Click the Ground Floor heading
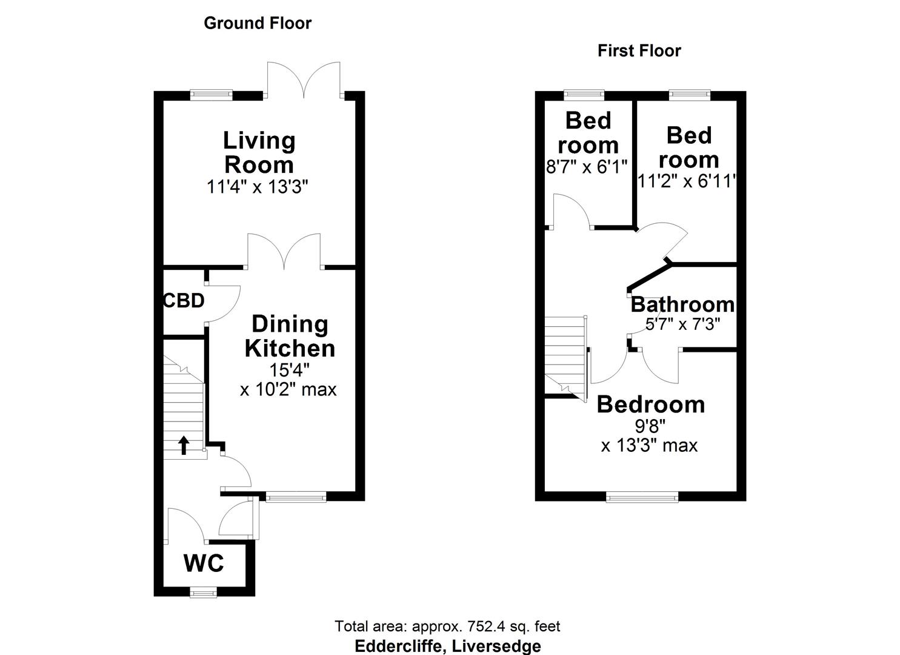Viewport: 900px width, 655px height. click(258, 23)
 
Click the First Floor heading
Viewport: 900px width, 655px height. click(639, 51)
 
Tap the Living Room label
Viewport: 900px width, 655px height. click(259, 152)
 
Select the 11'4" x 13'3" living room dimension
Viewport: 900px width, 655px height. click(258, 187)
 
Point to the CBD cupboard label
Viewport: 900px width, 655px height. click(184, 301)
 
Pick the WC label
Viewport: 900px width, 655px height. click(204, 563)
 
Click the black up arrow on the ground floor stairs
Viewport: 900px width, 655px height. click(184, 445)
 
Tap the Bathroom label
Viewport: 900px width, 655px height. click(682, 304)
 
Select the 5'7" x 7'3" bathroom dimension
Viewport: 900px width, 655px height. click(682, 324)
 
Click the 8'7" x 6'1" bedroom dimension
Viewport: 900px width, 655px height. click(587, 167)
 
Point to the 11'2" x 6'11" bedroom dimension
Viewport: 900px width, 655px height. click(687, 181)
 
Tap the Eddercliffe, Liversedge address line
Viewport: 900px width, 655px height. click(447, 646)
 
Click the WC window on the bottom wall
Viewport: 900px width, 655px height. click(203, 592)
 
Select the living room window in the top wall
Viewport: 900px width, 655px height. click(211, 95)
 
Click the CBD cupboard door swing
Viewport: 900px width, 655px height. click(224, 303)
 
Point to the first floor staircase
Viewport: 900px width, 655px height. click(565, 355)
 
